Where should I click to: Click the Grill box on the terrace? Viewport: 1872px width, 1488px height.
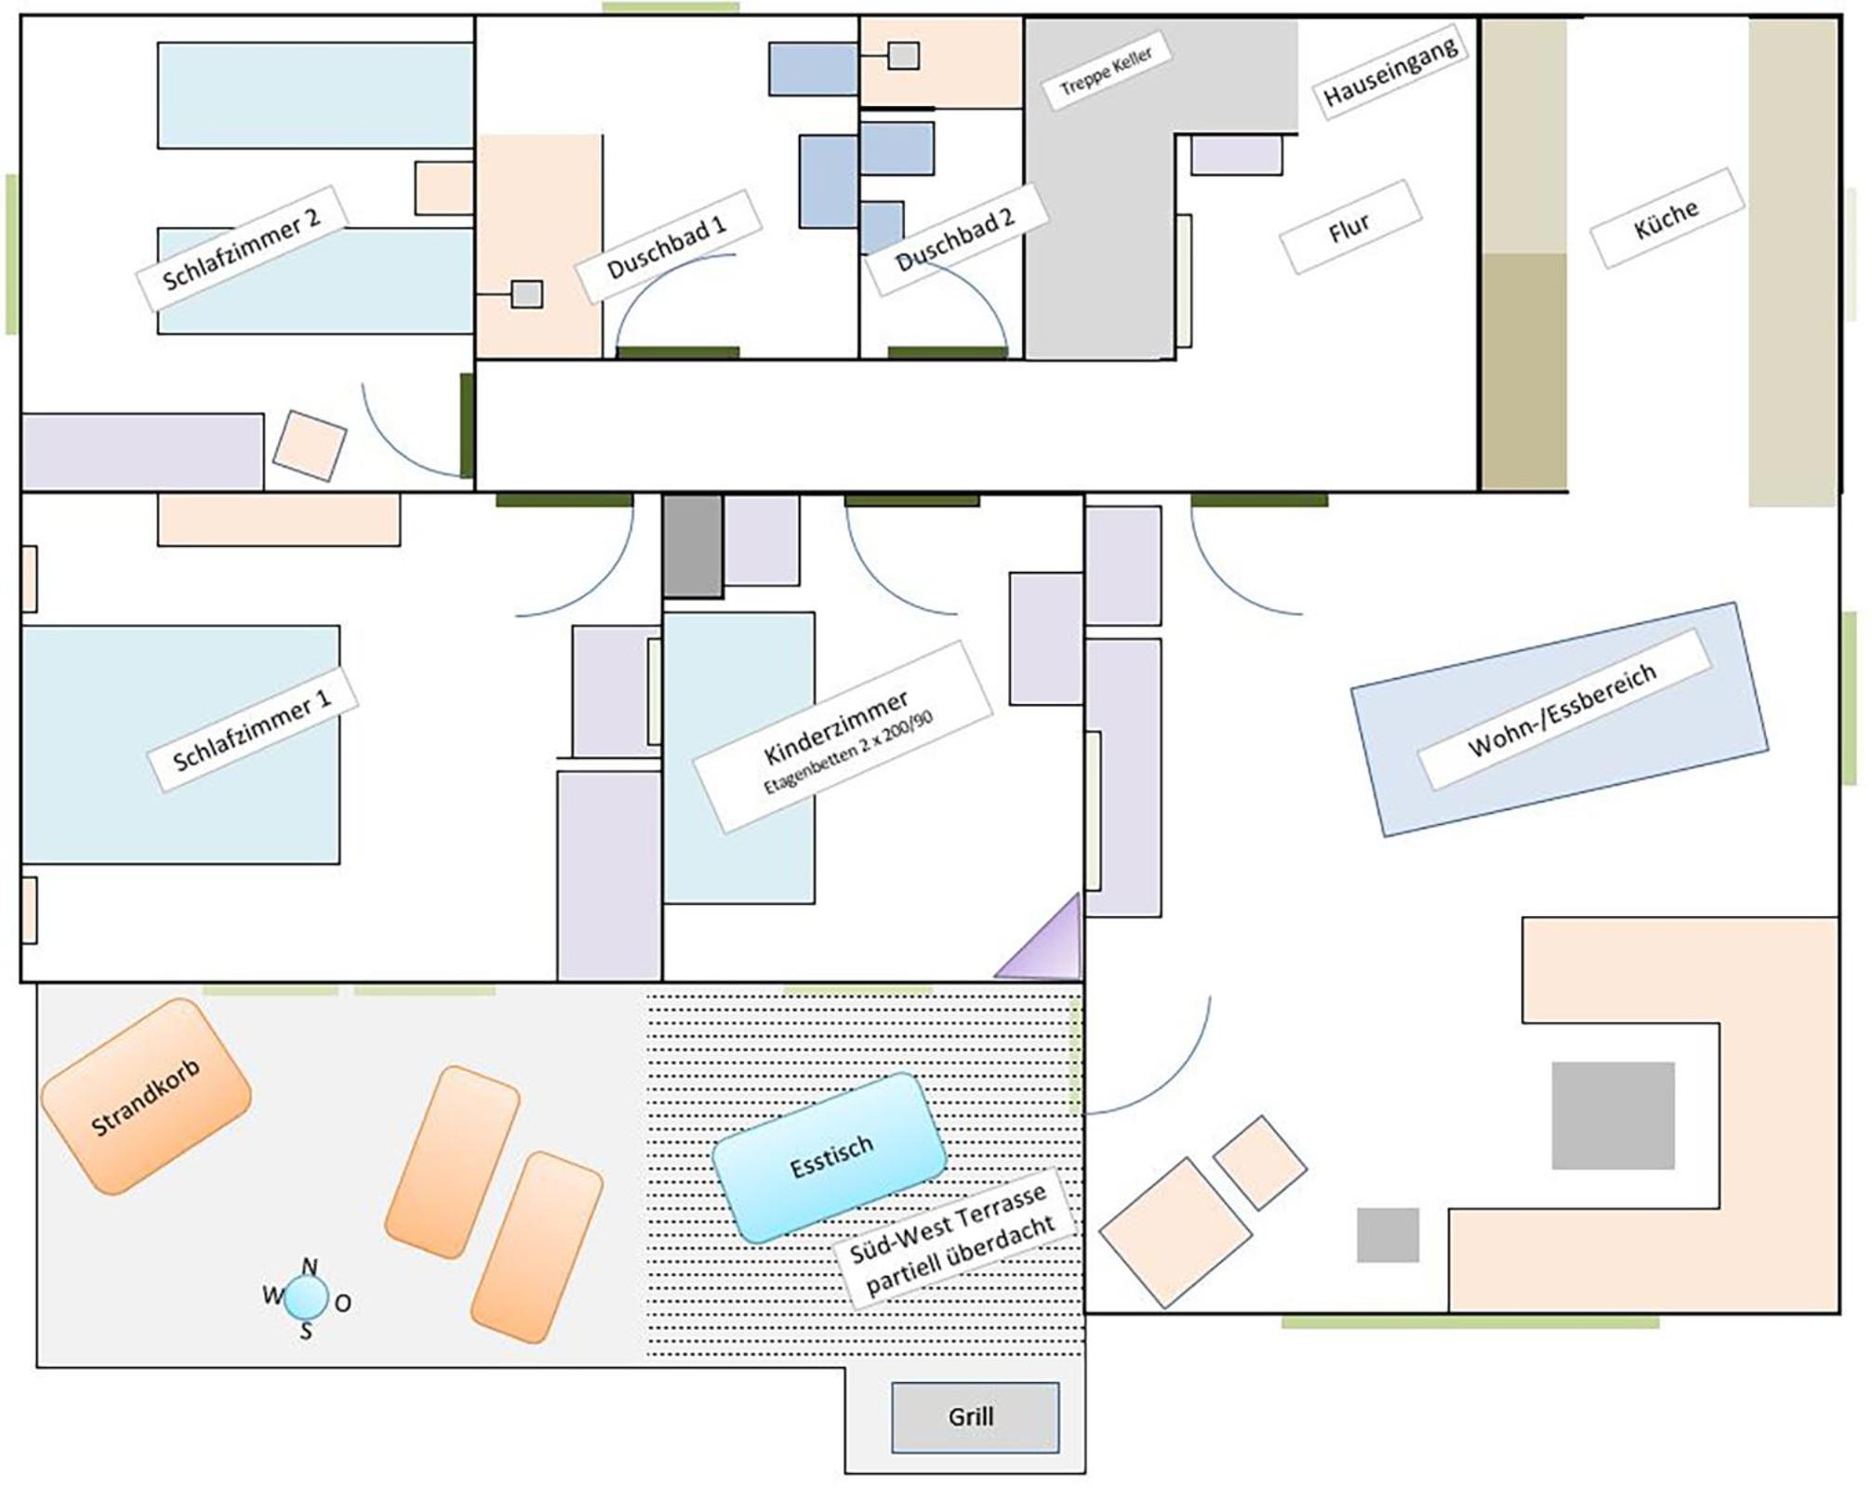(x=975, y=1417)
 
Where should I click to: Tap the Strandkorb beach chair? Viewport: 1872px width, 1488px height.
(x=146, y=1096)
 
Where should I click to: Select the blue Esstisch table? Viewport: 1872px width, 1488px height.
(x=830, y=1158)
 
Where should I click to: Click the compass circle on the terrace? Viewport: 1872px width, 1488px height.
(x=305, y=1298)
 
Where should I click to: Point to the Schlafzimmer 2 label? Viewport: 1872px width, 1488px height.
(x=242, y=248)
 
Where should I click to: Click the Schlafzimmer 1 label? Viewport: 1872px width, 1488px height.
(x=253, y=730)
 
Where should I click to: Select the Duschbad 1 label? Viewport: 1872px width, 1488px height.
(x=668, y=246)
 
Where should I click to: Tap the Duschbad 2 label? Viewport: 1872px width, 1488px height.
(x=956, y=240)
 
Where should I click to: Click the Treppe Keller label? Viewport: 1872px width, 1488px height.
(x=1106, y=72)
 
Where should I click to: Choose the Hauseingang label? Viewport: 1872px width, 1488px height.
(x=1390, y=71)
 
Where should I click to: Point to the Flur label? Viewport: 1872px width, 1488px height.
(x=1350, y=227)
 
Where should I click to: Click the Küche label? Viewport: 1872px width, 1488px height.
(x=1666, y=218)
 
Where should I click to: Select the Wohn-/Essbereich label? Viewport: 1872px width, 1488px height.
(x=1563, y=710)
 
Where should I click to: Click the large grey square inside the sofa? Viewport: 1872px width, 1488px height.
(x=1613, y=1115)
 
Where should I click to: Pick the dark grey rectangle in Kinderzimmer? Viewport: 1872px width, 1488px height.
(x=693, y=546)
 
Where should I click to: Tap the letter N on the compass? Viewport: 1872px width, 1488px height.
(x=310, y=1267)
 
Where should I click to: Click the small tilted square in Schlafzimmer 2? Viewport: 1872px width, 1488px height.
(x=310, y=445)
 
